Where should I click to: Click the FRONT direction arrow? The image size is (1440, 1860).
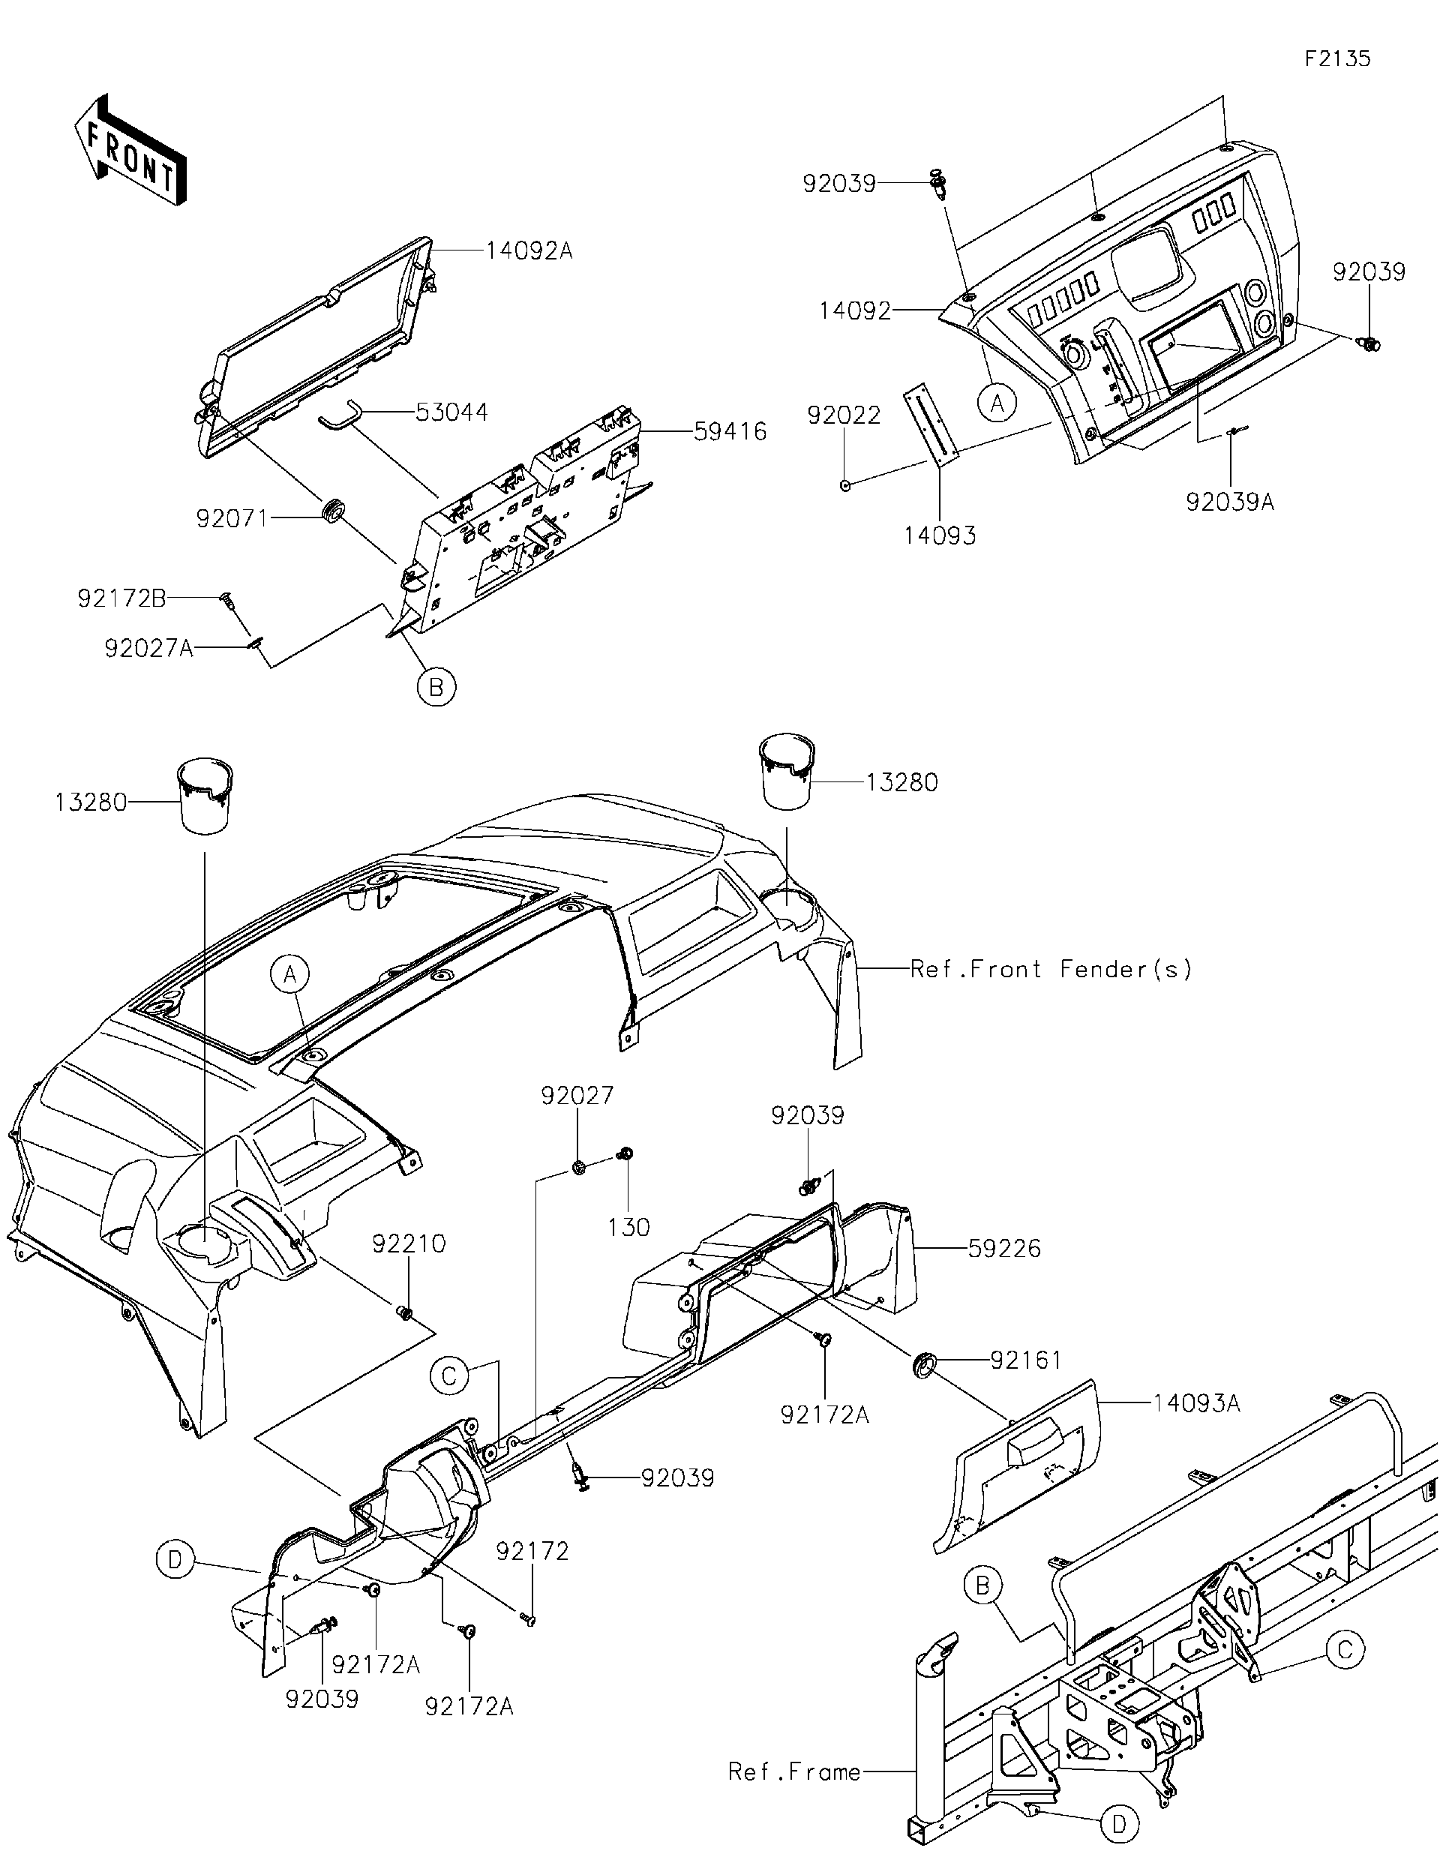click(x=130, y=151)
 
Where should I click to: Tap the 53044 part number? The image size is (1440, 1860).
click(x=451, y=412)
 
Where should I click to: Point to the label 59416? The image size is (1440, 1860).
click(x=730, y=432)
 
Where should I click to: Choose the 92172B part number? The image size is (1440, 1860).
click(x=121, y=598)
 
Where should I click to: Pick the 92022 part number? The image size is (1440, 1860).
click(x=843, y=415)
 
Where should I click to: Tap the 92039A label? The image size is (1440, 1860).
click(x=1230, y=502)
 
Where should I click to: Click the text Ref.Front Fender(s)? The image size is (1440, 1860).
click(x=1051, y=969)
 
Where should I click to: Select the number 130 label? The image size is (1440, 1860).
click(x=628, y=1227)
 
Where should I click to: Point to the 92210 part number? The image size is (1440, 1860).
click(x=409, y=1244)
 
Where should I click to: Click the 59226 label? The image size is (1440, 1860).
click(x=1004, y=1249)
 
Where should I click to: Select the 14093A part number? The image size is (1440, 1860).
click(x=1195, y=1403)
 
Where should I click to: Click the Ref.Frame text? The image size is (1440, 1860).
click(x=793, y=1772)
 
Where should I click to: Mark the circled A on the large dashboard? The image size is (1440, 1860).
click(x=290, y=973)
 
